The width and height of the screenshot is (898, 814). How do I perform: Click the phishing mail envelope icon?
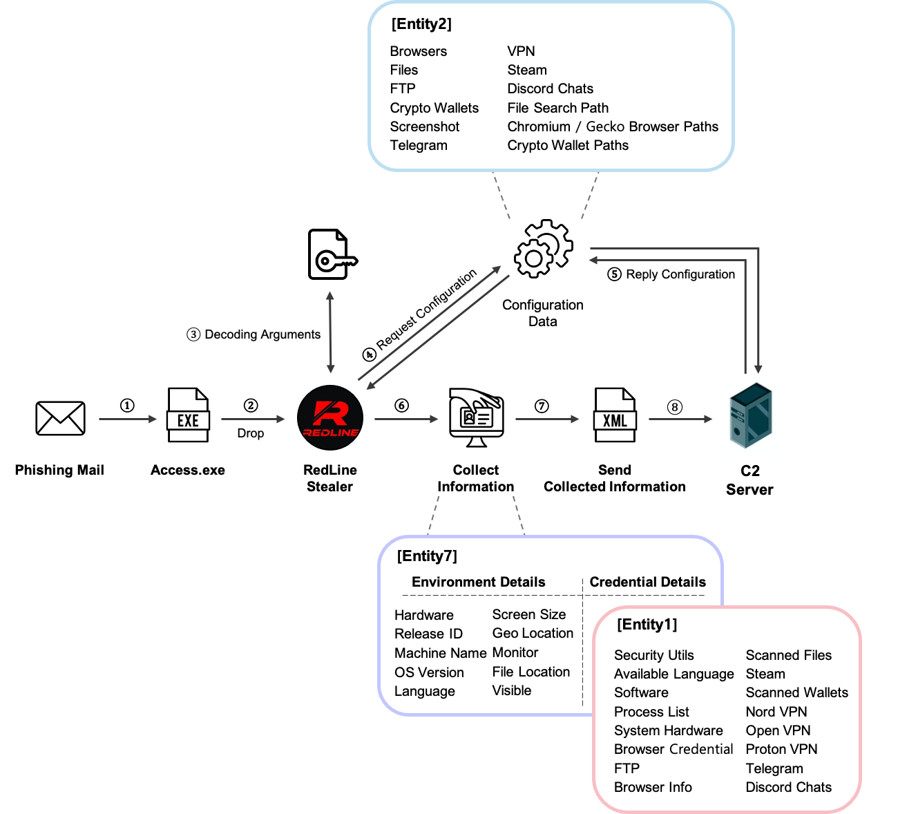[x=60, y=418]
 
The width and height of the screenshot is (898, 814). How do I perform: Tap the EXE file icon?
[x=188, y=415]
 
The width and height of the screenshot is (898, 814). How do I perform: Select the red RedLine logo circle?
[x=330, y=417]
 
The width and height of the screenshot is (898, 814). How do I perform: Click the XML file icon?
[x=615, y=415]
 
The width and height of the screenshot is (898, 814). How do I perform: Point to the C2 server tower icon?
[x=751, y=415]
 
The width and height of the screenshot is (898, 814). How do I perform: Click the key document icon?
[x=333, y=254]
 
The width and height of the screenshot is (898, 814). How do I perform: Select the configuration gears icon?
[x=543, y=249]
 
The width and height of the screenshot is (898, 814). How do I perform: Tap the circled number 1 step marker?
[x=127, y=406]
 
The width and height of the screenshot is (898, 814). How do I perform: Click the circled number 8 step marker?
[x=675, y=407]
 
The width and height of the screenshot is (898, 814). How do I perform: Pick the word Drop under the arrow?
[x=250, y=433]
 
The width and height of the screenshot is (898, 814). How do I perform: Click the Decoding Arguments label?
[x=262, y=334]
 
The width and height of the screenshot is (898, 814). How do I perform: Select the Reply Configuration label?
[x=680, y=274]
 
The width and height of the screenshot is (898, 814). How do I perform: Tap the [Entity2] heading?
[x=421, y=23]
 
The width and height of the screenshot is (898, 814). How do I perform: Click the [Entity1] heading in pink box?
[x=647, y=624]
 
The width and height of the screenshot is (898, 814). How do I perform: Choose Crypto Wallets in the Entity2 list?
[x=434, y=108]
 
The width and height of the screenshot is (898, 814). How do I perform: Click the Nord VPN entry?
[x=776, y=712]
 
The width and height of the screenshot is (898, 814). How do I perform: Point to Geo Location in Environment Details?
[x=533, y=633]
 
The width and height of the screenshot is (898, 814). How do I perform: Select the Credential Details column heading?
[x=647, y=582]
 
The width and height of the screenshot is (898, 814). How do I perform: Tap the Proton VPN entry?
[x=781, y=749]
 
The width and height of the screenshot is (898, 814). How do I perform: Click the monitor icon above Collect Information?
[x=476, y=417]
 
